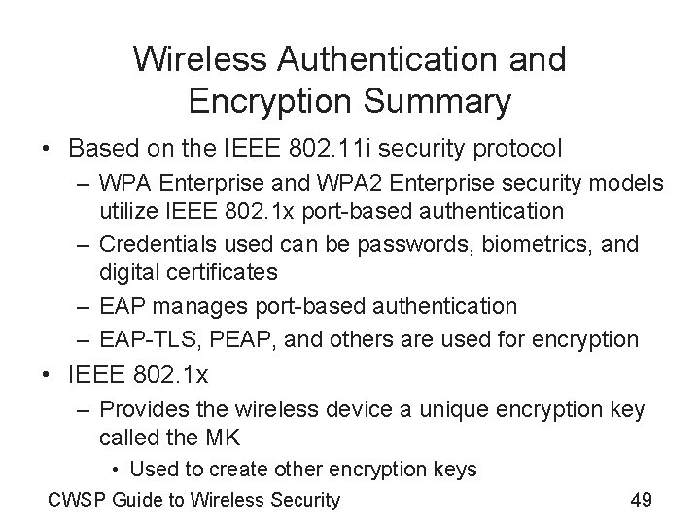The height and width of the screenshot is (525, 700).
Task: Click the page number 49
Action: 641,500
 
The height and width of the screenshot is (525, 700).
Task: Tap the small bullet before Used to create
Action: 117,470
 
